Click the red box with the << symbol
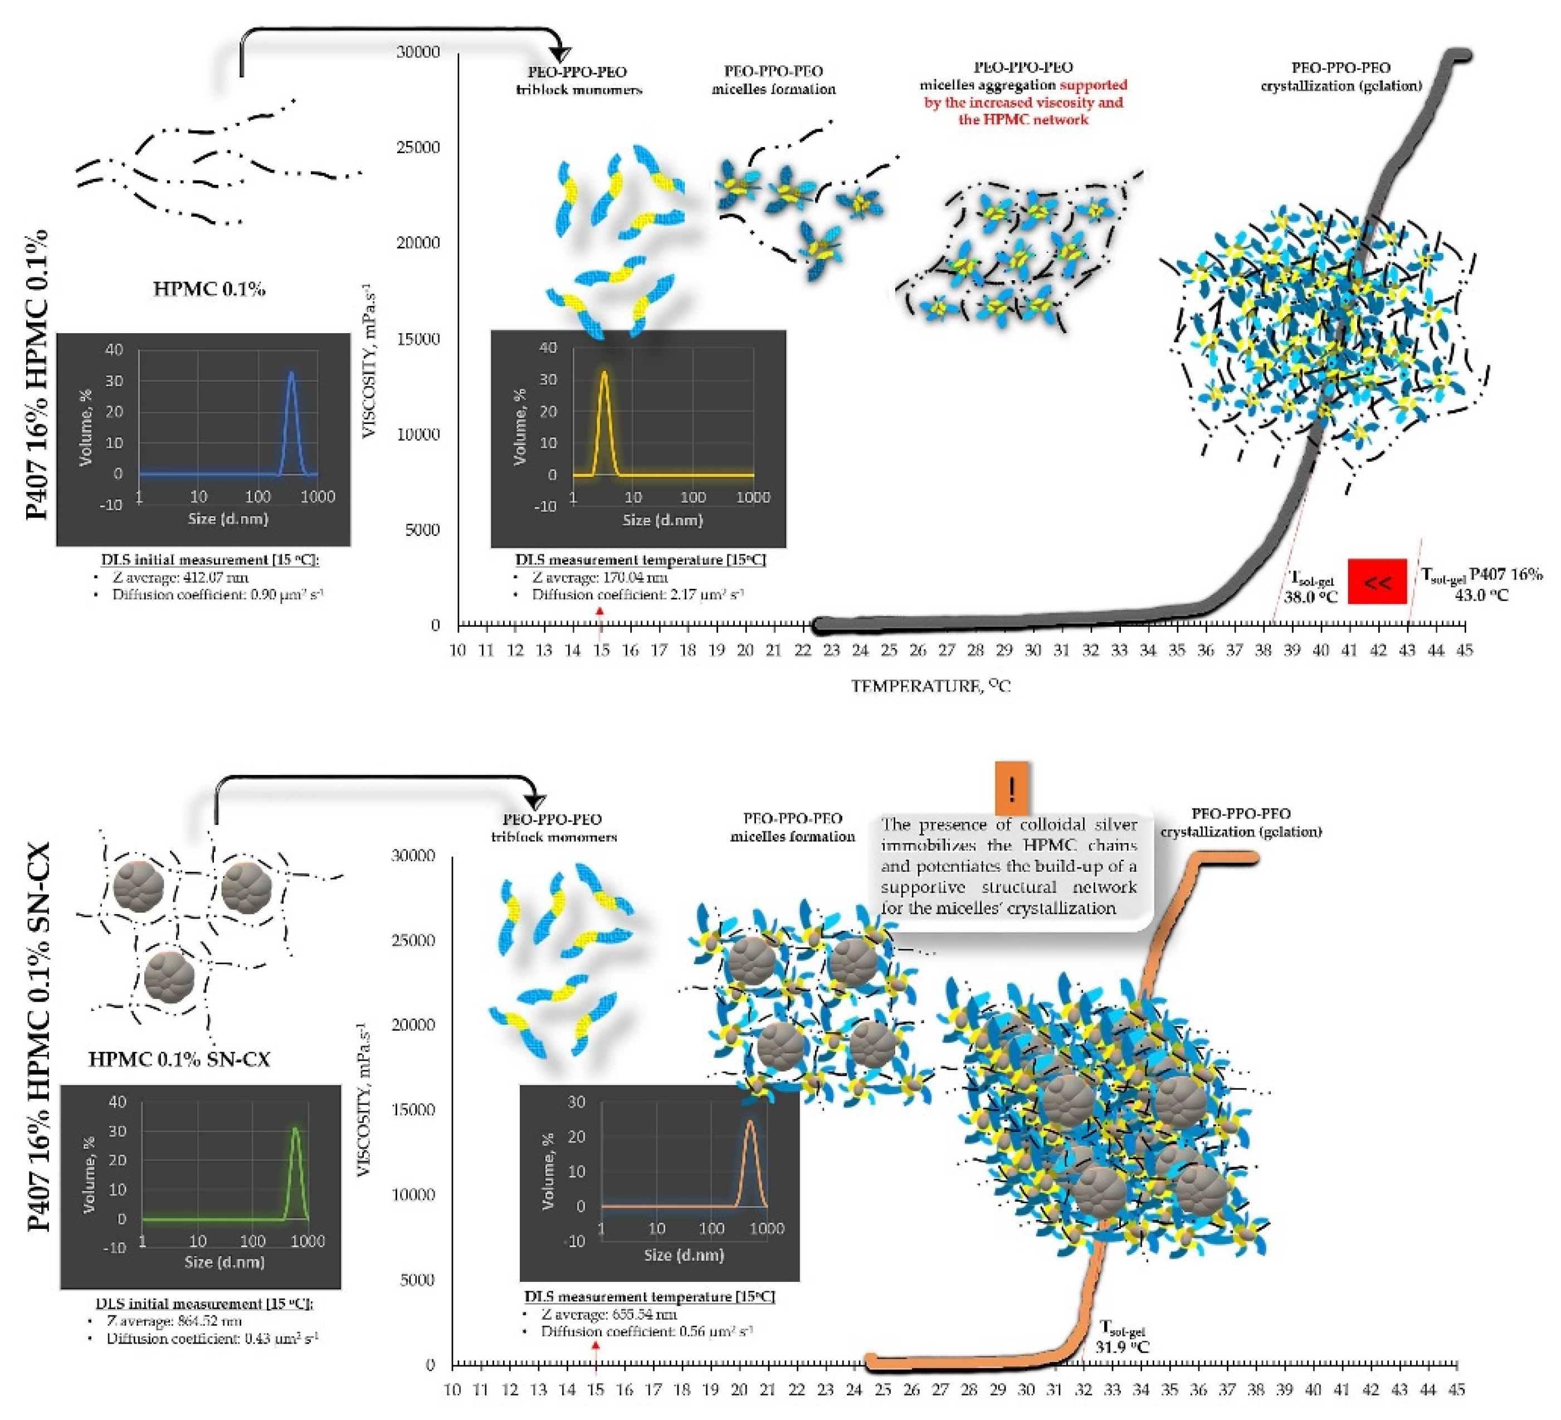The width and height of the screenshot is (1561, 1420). tap(1377, 582)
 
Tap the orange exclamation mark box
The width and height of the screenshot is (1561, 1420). tap(1011, 789)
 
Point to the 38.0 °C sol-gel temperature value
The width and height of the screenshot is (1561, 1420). tap(1310, 597)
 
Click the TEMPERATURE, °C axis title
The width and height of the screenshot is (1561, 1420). tap(931, 686)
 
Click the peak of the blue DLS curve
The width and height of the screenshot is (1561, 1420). tap(291, 373)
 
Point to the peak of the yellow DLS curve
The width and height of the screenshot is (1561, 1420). tap(604, 373)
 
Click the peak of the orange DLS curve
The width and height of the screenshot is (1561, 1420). tap(749, 1121)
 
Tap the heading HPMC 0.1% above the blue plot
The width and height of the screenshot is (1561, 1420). tap(209, 290)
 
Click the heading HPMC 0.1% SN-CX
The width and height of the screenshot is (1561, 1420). tap(179, 1059)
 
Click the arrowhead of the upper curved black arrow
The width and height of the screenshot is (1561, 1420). tap(559, 54)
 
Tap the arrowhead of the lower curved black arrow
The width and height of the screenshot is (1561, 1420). tap(535, 803)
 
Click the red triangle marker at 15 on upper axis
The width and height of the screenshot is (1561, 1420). tap(599, 612)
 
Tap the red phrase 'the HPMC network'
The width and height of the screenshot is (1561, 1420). tap(1023, 119)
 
